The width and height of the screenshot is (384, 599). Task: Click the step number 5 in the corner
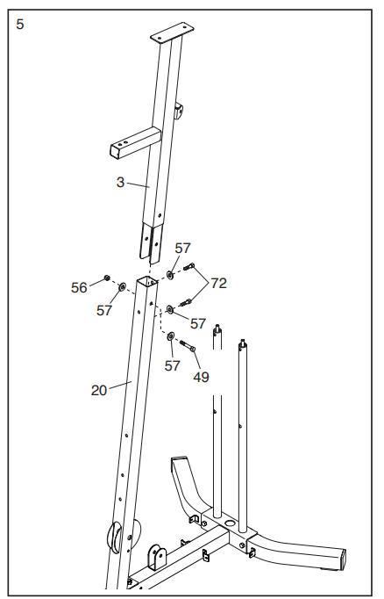point(20,25)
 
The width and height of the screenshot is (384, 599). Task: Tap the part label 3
point(120,182)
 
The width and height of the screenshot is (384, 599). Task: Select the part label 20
point(99,391)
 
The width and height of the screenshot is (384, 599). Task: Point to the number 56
point(79,288)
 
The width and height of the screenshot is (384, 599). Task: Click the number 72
point(218,283)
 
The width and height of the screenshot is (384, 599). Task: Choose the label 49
point(201,377)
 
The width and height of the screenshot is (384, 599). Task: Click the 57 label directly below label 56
point(104,311)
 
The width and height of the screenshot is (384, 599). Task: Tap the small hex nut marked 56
point(107,278)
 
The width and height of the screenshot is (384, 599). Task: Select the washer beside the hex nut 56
point(122,286)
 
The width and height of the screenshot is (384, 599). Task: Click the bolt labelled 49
point(188,345)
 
